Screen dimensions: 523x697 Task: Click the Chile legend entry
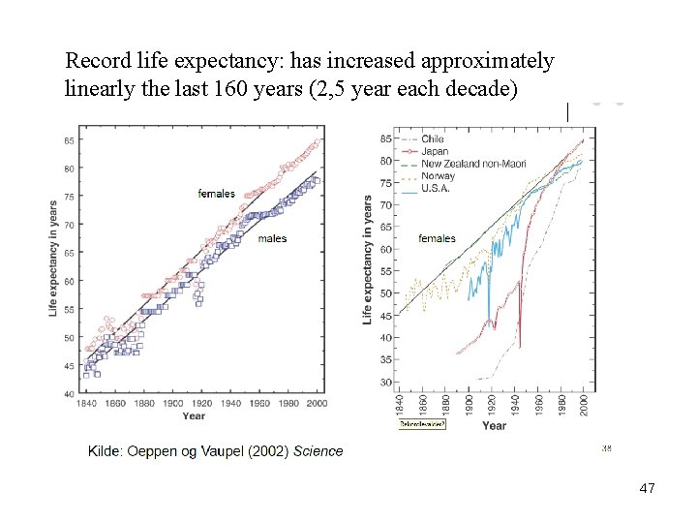point(433,139)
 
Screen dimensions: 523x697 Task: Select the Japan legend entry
point(435,151)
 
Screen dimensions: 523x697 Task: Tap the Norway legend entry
point(438,175)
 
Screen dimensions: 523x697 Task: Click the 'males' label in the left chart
point(272,238)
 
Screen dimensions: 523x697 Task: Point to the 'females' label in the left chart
point(216,194)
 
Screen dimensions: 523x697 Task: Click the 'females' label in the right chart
point(437,238)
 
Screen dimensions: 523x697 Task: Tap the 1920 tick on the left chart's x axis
point(201,403)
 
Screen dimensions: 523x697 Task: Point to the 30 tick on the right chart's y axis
point(385,383)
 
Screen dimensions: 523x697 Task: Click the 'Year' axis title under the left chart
point(194,416)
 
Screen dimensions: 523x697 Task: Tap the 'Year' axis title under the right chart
point(494,425)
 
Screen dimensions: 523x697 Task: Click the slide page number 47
point(647,489)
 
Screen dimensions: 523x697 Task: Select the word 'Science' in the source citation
point(318,450)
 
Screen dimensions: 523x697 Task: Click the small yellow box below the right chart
point(422,424)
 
